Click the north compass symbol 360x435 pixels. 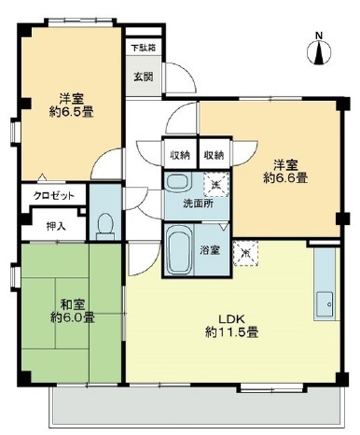(319, 49)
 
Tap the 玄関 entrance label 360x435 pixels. (144, 77)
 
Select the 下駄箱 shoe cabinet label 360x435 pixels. (143, 48)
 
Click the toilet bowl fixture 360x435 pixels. (105, 226)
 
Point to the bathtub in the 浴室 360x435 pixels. (179, 249)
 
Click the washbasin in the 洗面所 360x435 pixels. (177, 182)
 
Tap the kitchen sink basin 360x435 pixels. (325, 304)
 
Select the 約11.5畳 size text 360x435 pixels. (231, 333)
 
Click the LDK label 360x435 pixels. (232, 319)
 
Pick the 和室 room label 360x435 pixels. (73, 304)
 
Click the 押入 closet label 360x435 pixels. (56, 226)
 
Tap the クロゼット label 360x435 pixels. (54, 196)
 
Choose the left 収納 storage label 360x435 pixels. (180, 155)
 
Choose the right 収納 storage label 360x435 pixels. (214, 155)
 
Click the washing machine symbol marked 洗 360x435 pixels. (215, 185)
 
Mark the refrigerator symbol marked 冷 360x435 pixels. (245, 253)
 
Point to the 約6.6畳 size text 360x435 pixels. (285, 178)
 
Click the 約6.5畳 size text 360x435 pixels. (72, 112)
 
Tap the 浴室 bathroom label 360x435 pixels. (210, 250)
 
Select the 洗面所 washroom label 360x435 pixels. (198, 203)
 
